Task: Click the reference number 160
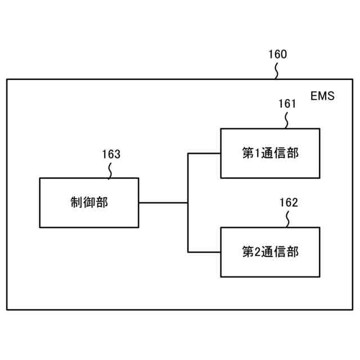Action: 277,55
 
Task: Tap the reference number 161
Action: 287,104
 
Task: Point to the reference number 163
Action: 111,154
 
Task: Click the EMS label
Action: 322,96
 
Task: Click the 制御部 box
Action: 89,202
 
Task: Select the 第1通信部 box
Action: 270,153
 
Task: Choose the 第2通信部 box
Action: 270,252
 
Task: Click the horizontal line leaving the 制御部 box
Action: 163,202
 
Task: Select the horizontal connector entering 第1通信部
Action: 204,153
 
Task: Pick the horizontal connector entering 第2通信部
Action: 204,252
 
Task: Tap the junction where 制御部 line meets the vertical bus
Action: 188,202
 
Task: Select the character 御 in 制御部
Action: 89,203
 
